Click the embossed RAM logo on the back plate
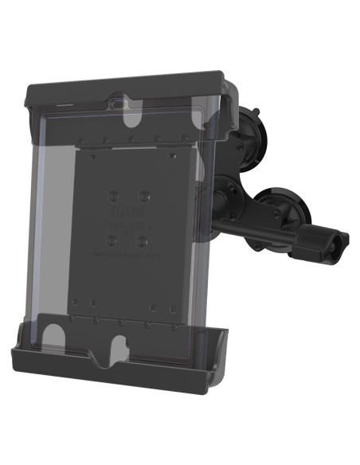pyautogui.click(x=127, y=214)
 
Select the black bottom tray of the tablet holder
pyautogui.click(x=119, y=362)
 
